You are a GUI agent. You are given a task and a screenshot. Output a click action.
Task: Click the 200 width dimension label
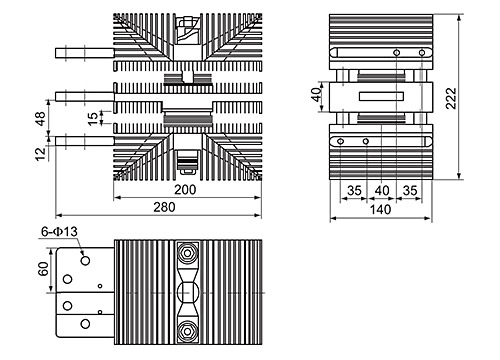click(185, 190)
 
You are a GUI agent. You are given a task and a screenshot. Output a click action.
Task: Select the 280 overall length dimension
click(164, 207)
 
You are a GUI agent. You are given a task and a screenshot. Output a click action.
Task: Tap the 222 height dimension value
click(451, 98)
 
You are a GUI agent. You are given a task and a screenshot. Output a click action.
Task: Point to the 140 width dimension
click(380, 210)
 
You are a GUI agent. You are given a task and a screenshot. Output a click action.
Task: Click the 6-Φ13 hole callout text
click(59, 231)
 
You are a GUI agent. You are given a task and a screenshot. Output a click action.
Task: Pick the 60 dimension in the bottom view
click(43, 269)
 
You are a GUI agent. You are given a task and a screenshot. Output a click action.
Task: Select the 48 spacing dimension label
click(40, 119)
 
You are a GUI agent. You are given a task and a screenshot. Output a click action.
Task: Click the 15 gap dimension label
click(94, 118)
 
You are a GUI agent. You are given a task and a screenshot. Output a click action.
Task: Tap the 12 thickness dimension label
click(40, 154)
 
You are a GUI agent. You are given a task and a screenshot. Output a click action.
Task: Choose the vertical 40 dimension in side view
click(316, 94)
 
